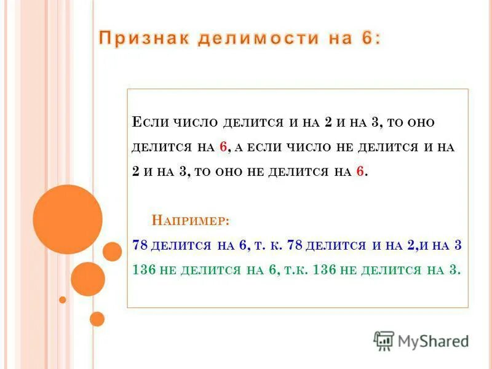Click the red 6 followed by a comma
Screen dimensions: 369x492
tap(223, 147)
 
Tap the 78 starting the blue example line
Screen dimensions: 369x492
tap(140, 245)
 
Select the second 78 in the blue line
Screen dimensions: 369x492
tap(295, 245)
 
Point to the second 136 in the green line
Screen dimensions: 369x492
tap(324, 269)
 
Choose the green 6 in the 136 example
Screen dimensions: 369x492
tap(272, 269)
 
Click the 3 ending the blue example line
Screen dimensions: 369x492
tap(457, 245)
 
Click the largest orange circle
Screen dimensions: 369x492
tap(68, 220)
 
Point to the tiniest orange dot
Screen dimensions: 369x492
tap(62, 300)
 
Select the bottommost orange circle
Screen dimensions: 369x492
tap(97, 319)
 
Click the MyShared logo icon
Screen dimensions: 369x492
tap(384, 341)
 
